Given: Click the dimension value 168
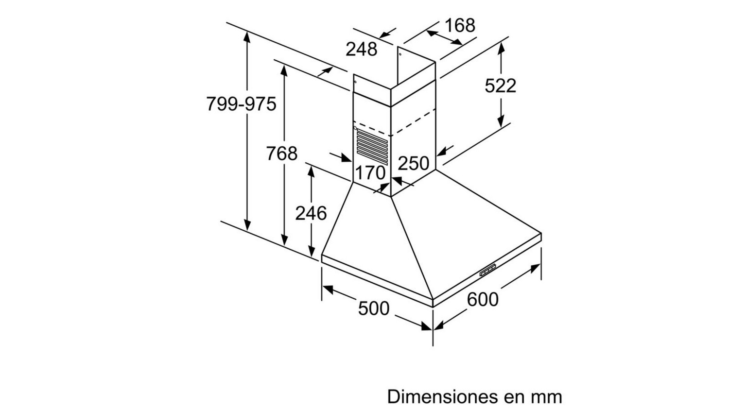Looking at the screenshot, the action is tap(460, 25).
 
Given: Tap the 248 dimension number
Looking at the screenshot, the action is tap(361, 50).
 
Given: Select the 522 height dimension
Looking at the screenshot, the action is tap(501, 86).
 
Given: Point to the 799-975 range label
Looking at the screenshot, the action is tap(241, 104).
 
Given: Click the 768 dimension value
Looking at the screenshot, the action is tap(282, 153).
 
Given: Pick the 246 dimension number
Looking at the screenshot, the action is tap(311, 213).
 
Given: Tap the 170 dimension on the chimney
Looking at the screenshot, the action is tap(370, 173).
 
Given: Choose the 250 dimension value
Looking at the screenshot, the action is tap(413, 163).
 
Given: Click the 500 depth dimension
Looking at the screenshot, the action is tap(374, 308).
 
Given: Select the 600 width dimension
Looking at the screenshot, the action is tap(483, 299).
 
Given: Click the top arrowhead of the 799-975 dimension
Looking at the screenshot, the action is tap(247, 37).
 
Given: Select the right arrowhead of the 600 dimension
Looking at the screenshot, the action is tap(536, 268).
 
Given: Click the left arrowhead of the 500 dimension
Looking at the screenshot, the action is tap(328, 289).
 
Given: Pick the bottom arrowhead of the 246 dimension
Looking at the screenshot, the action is tap(312, 251).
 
